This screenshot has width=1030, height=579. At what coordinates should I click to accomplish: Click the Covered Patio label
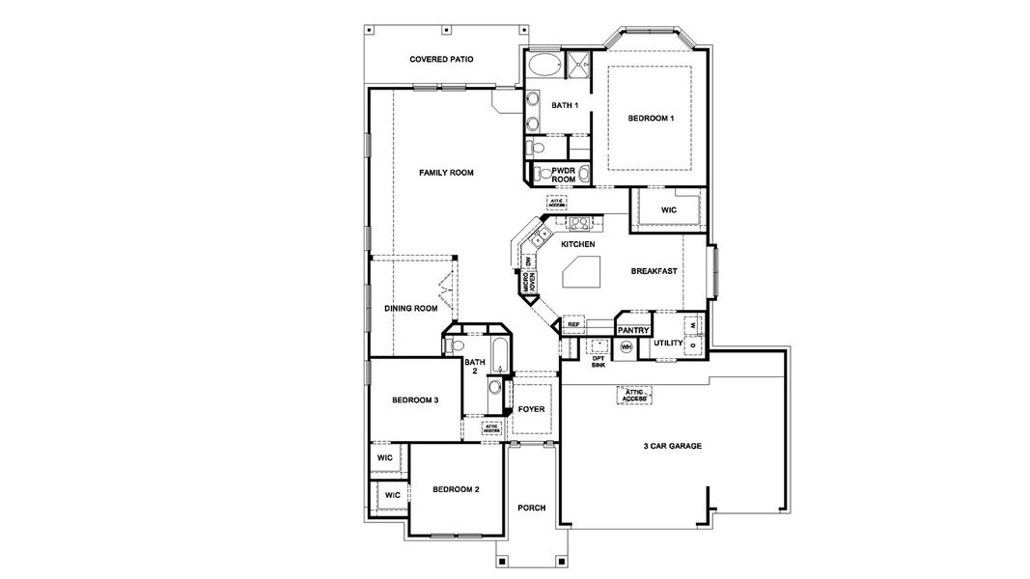point(441,60)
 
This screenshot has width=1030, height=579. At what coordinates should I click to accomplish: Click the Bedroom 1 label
point(651,118)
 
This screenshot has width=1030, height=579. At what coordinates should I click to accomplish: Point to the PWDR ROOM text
point(564,175)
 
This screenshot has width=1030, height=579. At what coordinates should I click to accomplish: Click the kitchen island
point(582,275)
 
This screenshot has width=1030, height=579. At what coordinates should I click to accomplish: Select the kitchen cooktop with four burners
point(579,223)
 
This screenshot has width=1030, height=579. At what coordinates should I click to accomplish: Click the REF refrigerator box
point(572,324)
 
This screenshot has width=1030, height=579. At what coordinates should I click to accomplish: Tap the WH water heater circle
point(626,346)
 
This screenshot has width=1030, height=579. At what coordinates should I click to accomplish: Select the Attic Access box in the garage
point(634,395)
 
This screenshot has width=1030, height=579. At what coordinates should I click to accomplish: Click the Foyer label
point(531,409)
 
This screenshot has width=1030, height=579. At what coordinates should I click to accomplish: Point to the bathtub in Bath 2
point(498,356)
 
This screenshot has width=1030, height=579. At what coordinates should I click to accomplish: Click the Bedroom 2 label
point(456,489)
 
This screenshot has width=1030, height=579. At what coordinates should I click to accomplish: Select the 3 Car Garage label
point(672,446)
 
